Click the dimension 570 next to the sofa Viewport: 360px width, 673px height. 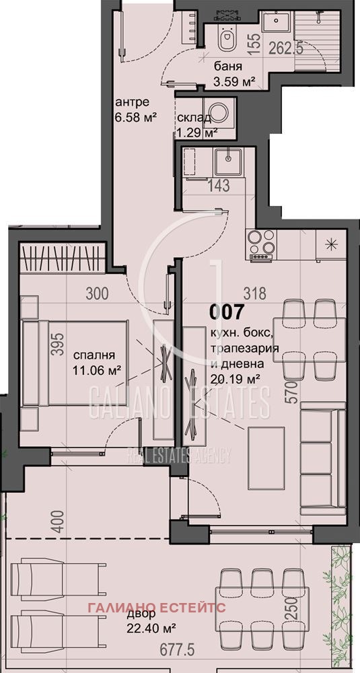coord(291,390)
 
